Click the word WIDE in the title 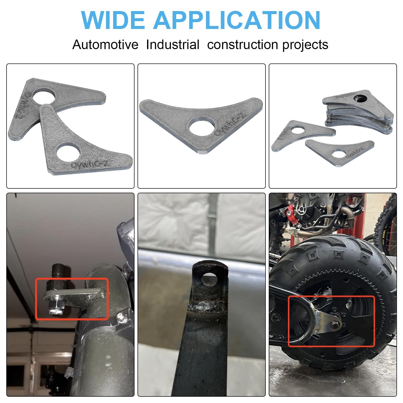point(113,20)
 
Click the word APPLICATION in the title point(237,20)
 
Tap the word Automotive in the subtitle point(105,45)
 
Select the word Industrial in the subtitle point(173,45)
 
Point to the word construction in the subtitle point(243,45)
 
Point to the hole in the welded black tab point(210,279)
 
